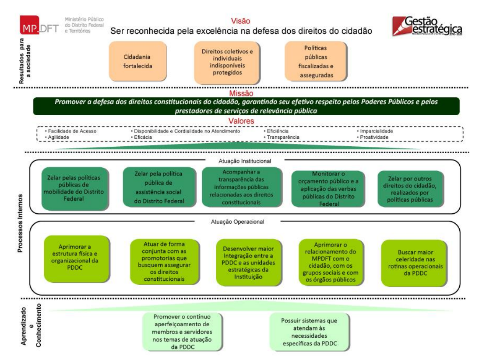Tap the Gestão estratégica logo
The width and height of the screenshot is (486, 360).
(427, 26)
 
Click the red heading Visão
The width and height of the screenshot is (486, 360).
(240, 21)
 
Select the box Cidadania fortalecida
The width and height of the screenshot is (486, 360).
(137, 61)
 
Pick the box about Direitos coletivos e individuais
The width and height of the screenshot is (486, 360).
(227, 62)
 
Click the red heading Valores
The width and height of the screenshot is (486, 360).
(240, 121)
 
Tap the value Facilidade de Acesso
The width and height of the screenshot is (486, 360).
(72, 131)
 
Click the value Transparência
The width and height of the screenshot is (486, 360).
(282, 137)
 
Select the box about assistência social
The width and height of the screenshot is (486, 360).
(159, 187)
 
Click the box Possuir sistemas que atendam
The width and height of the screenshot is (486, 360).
(309, 332)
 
